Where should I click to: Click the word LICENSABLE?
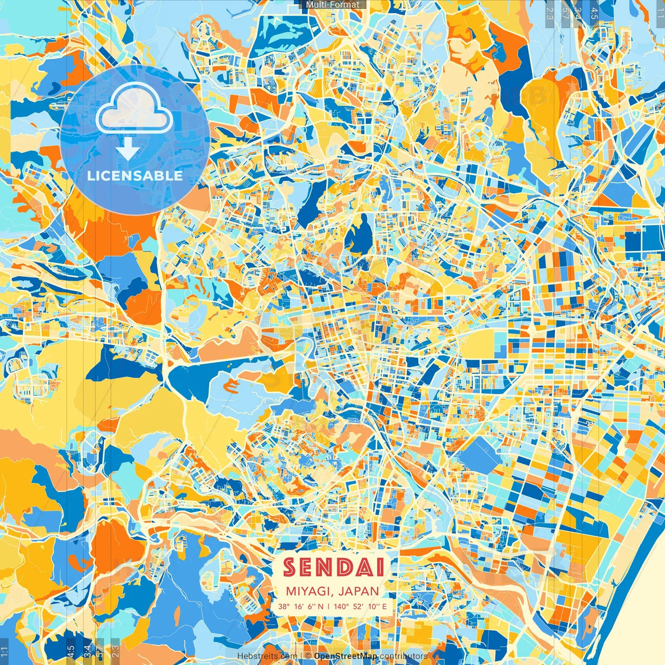coord(135,176)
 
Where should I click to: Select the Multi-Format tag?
coord(332,5)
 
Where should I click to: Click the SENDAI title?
coord(334,567)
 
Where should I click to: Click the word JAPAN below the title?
coord(358,591)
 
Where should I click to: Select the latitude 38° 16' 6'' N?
coord(300,606)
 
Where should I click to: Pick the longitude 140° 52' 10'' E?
coord(360,606)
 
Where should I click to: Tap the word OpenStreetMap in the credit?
coord(345,656)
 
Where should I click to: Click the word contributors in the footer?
coord(404,656)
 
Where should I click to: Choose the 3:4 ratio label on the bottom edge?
coord(87,650)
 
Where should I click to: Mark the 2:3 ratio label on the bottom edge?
coord(115,650)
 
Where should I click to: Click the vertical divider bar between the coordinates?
coord(328,606)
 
